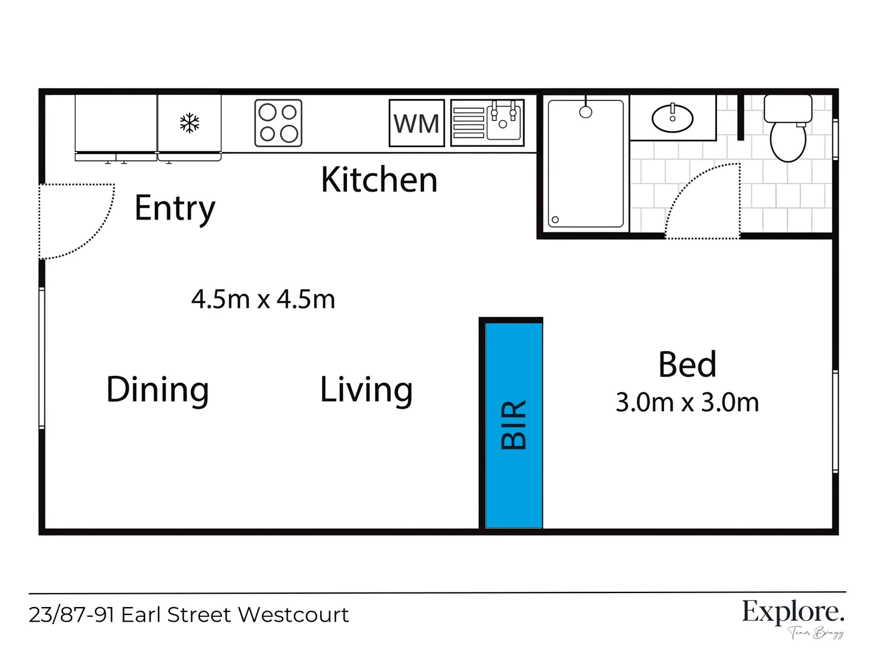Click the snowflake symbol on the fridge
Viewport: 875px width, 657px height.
click(190, 123)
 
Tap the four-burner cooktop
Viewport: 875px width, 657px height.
click(278, 123)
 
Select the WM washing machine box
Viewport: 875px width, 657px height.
click(417, 123)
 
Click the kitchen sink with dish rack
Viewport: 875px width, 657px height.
click(487, 123)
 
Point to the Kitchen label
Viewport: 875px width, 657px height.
click(379, 180)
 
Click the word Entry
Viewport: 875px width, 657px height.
click(175, 209)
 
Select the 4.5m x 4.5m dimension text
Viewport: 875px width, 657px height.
click(263, 299)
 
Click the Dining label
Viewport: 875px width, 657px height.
click(158, 390)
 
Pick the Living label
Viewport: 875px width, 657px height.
click(366, 390)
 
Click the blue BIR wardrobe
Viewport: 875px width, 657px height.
click(513, 425)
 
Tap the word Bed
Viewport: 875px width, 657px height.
click(687, 365)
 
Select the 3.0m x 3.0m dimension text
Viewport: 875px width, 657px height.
click(687, 403)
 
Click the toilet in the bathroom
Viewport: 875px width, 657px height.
click(788, 129)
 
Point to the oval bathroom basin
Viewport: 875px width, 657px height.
click(673, 117)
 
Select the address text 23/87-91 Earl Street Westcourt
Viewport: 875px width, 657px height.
click(189, 615)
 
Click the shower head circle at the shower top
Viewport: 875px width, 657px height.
click(586, 112)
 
